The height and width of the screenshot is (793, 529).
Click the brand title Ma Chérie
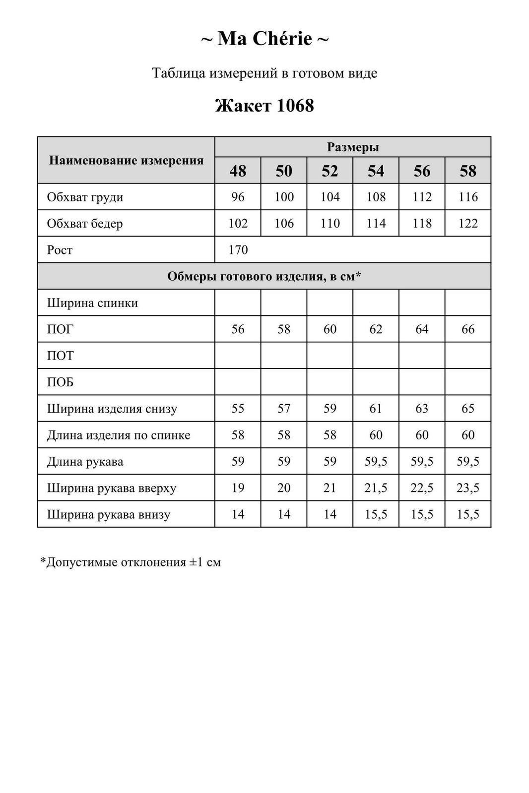tap(264, 39)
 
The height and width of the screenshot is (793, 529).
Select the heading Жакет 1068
tap(264, 106)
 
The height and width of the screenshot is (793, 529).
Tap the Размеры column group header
tap(353, 147)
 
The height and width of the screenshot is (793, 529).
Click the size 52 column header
tap(330, 171)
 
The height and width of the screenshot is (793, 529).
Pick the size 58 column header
tap(468, 171)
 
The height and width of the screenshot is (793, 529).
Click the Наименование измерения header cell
tap(127, 160)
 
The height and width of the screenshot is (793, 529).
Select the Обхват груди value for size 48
tap(238, 197)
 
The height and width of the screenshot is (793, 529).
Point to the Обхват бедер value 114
tap(376, 224)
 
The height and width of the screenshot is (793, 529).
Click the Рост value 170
tap(238, 250)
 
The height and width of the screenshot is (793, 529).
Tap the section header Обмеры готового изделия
tap(264, 276)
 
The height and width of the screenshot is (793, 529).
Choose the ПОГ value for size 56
tap(422, 329)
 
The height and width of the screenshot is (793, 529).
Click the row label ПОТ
tap(60, 356)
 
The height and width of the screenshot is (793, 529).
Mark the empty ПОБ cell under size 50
tap(284, 382)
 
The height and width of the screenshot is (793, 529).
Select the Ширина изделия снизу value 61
tap(376, 409)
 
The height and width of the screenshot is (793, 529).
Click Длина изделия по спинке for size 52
tap(330, 435)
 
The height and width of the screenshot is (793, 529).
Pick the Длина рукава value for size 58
tap(468, 462)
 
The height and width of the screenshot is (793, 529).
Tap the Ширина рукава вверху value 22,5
tap(422, 488)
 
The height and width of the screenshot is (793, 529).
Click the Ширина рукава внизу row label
tap(109, 514)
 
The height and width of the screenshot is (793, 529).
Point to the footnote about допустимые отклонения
tap(131, 562)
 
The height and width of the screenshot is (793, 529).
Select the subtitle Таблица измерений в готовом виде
tap(264, 73)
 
